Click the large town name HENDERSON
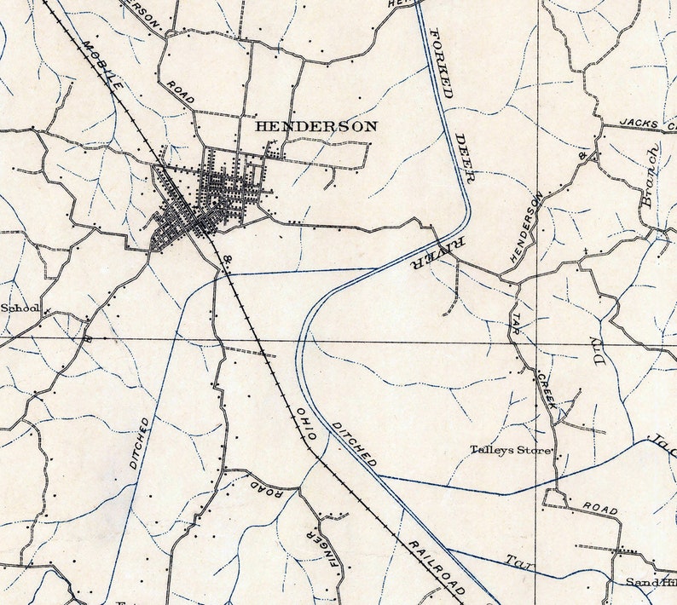click(x=316, y=126)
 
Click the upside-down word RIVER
click(x=431, y=252)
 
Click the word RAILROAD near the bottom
click(x=435, y=566)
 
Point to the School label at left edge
click(x=19, y=308)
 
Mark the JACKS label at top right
click(x=639, y=124)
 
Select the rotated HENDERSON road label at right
click(x=526, y=226)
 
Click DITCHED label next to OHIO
click(x=355, y=443)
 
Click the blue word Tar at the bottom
click(x=514, y=562)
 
